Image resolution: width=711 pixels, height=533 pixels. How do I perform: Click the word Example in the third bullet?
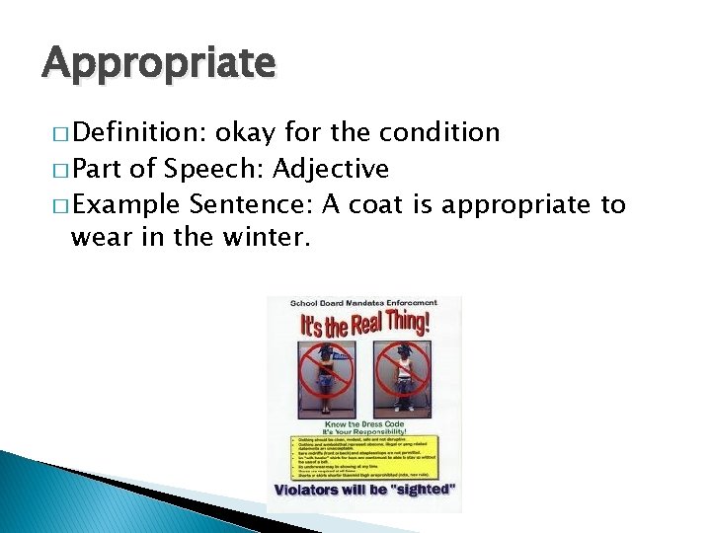(126, 204)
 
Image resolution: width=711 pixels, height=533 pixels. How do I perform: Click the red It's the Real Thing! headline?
(364, 324)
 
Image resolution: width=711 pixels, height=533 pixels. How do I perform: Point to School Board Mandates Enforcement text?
(364, 303)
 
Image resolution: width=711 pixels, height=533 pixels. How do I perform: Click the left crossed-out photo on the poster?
(323, 378)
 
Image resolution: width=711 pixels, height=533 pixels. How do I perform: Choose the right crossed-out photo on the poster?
(404, 378)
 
